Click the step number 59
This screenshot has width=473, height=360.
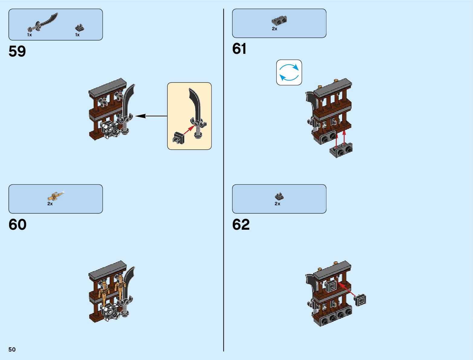tap(17, 51)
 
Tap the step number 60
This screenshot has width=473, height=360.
tap(18, 225)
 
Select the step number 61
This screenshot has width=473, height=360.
tap(239, 49)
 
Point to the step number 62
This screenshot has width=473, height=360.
tap(241, 225)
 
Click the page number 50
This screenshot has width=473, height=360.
tap(12, 349)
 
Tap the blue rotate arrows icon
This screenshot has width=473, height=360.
tap(289, 73)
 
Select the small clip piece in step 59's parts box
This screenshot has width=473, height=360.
tap(79, 28)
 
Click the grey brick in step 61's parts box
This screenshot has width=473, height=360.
tap(279, 21)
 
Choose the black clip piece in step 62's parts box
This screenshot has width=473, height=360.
tap(279, 196)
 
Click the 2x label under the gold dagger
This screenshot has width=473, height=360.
tap(50, 204)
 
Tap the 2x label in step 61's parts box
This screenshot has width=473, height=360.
tap(274, 29)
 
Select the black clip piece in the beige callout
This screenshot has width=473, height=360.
tap(178, 138)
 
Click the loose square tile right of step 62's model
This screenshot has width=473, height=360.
tap(360, 300)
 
